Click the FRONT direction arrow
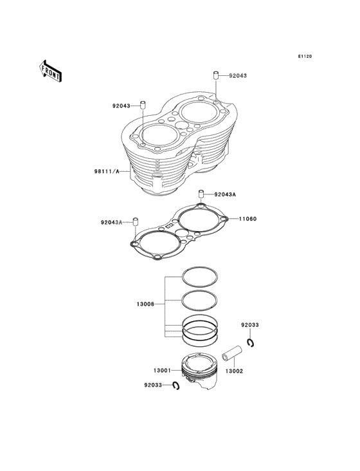point(50,71)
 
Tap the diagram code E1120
point(305,56)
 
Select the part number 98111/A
point(107,172)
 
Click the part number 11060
point(248,219)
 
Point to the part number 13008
point(145,304)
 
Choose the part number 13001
point(162,371)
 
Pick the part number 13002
point(234,371)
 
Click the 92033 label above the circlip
point(250,325)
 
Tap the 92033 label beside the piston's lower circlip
point(153,385)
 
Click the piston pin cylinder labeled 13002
point(232,353)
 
